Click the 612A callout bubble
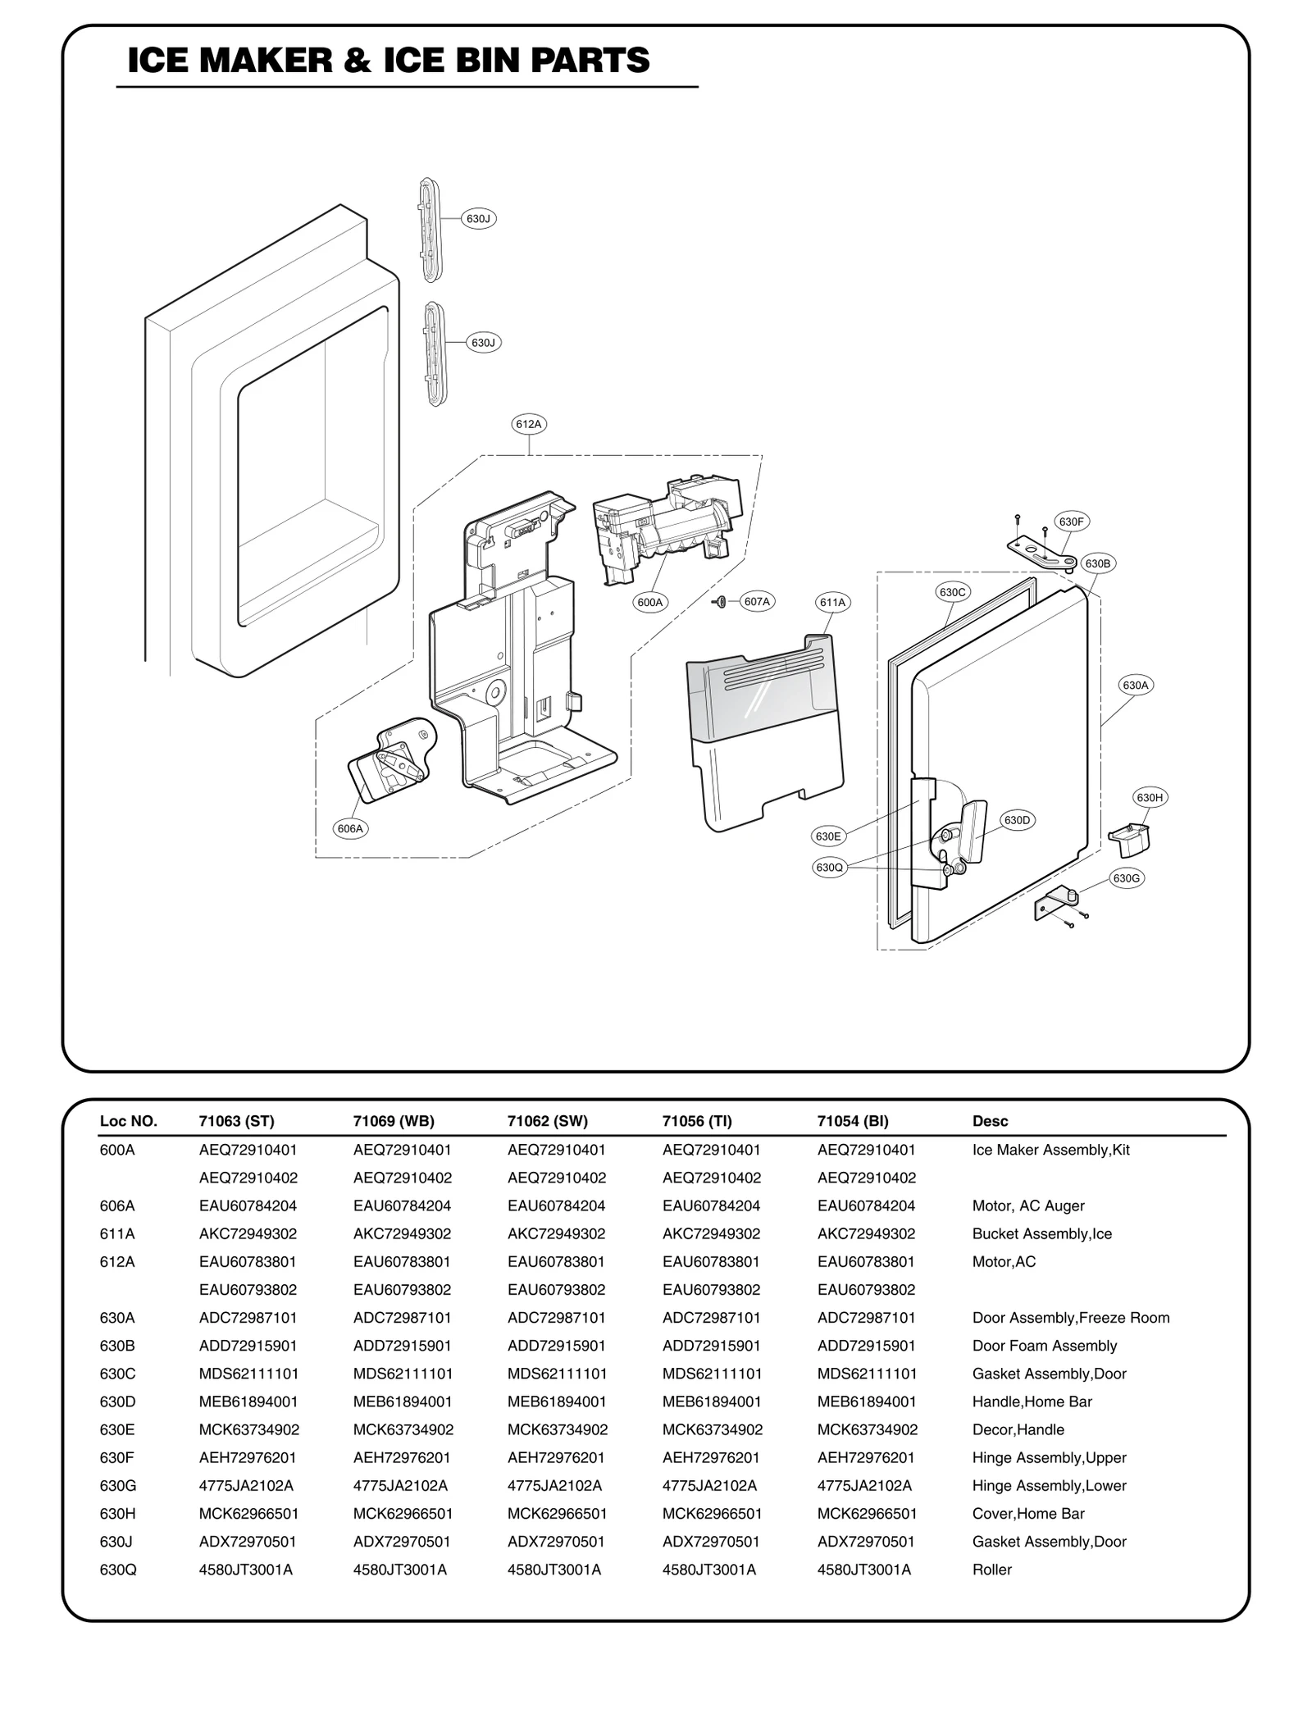pyautogui.click(x=529, y=424)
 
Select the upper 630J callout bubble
pyautogui.click(x=478, y=219)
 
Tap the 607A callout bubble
pyautogui.click(x=757, y=602)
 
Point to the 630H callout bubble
pyautogui.click(x=1149, y=797)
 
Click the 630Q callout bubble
pyautogui.click(x=828, y=868)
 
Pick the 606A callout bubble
pyautogui.click(x=350, y=828)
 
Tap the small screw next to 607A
pyautogui.click(x=720, y=602)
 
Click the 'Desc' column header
pyautogui.click(x=990, y=1121)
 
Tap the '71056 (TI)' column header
pyautogui.click(x=697, y=1121)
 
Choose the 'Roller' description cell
pyautogui.click(x=991, y=1570)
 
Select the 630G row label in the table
pyautogui.click(x=118, y=1485)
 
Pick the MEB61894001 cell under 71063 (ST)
pyautogui.click(x=248, y=1401)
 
